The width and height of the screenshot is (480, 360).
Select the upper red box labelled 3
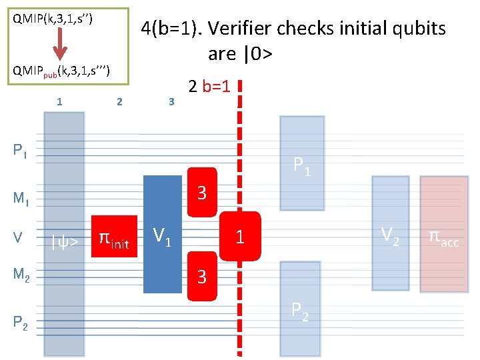click(x=203, y=193)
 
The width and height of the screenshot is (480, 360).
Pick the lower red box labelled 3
click(x=203, y=274)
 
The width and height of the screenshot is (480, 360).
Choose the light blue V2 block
click(x=390, y=233)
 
